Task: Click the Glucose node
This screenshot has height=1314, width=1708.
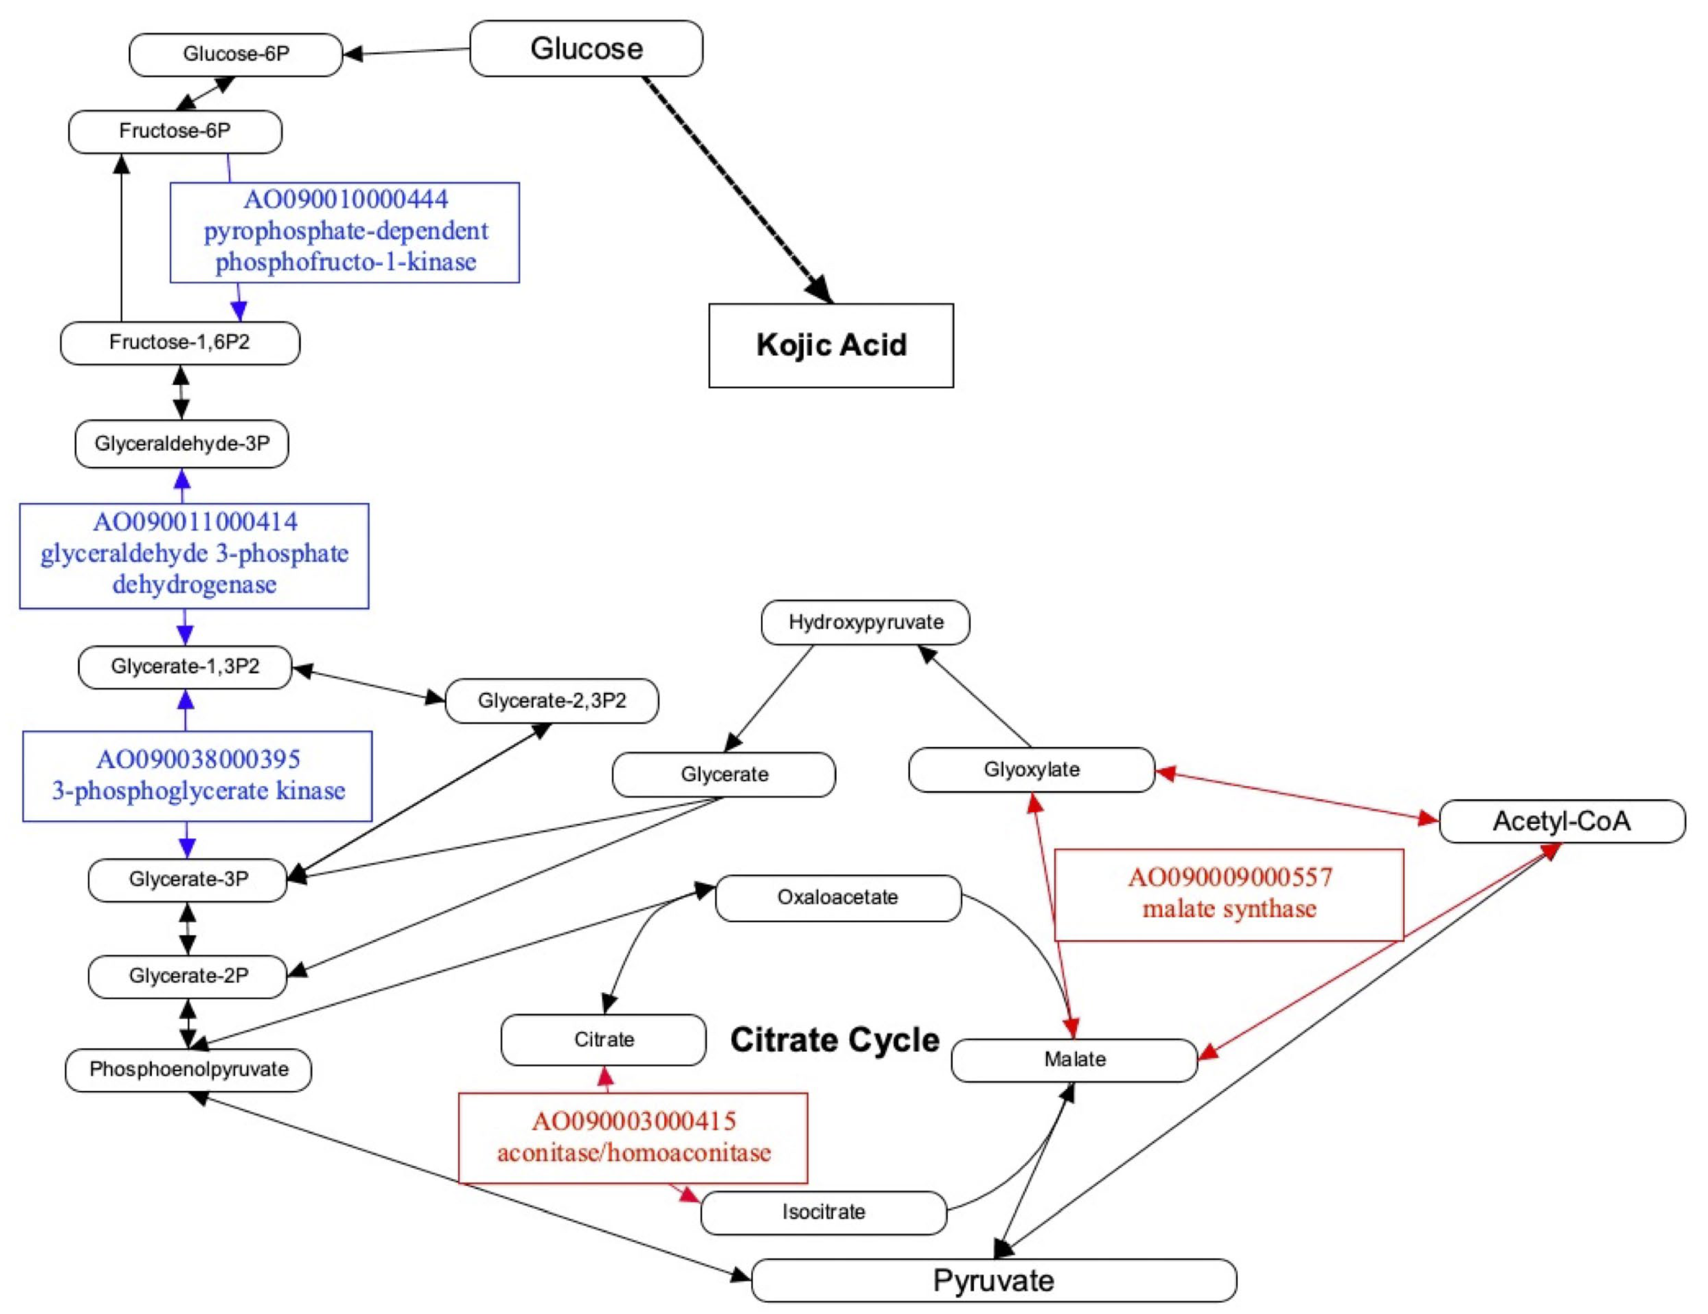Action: point(586,49)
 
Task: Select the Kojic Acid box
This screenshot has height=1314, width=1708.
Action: point(831,345)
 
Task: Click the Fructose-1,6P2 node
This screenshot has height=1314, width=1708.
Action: point(179,343)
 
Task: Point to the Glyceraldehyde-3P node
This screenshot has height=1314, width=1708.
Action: point(181,443)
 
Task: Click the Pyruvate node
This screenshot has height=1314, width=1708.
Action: point(993,1280)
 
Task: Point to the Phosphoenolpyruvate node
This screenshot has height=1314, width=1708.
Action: point(189,1069)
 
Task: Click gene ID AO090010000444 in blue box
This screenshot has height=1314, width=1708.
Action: point(346,200)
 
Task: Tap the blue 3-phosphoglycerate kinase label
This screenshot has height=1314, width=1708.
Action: point(199,791)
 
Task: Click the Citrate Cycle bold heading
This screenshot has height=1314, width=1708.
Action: point(835,1040)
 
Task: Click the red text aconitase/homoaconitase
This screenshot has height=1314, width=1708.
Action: point(634,1152)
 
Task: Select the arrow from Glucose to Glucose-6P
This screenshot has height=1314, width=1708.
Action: point(407,52)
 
